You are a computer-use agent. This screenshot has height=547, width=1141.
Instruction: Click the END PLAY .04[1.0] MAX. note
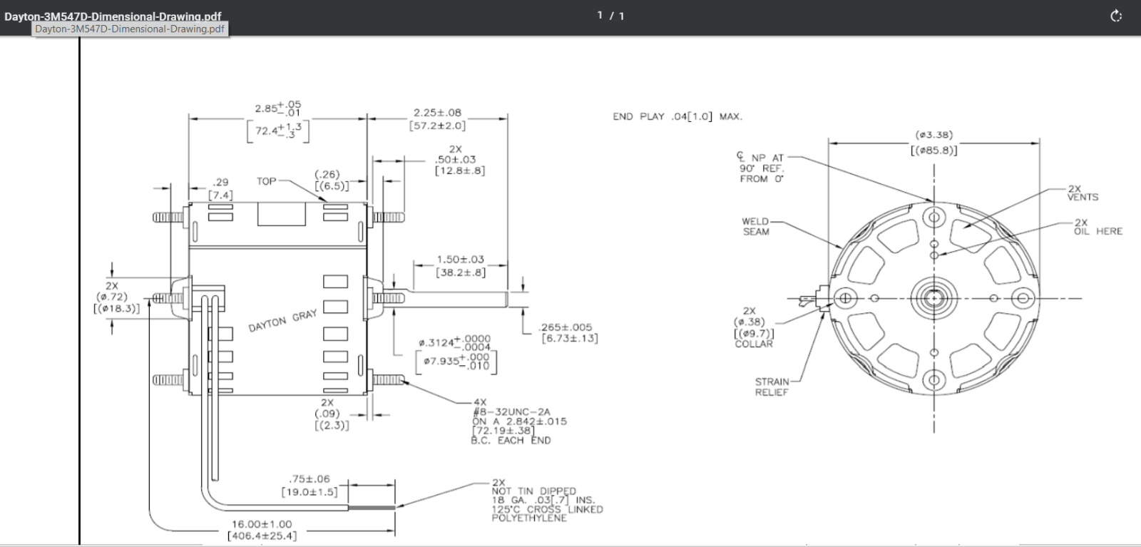coord(677,117)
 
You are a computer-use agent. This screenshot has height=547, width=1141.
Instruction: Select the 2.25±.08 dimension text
coord(437,113)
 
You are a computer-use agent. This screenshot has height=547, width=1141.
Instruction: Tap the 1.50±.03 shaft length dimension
coord(461,260)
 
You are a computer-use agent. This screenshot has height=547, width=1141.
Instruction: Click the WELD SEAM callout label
coord(755,227)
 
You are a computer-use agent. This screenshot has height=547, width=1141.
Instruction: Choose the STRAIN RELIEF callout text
coord(772,387)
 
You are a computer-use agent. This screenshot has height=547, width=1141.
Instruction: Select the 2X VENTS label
coord(1083,193)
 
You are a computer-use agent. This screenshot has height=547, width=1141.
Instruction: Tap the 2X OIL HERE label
coord(1098,228)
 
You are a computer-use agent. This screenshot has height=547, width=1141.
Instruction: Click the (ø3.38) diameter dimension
coord(933,135)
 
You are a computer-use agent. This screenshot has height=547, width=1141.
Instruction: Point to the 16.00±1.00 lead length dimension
coord(262,524)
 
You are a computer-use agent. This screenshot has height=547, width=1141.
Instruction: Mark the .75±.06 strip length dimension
coord(309,479)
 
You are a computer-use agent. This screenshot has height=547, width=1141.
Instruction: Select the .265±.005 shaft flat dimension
coord(566,327)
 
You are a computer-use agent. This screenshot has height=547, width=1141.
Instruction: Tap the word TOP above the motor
coord(267,181)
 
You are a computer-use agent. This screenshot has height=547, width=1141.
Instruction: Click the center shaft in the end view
coord(933,298)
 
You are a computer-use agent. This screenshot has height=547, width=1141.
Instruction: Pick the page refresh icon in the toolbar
coord(1116,16)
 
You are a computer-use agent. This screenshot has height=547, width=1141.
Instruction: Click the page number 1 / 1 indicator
coord(610,16)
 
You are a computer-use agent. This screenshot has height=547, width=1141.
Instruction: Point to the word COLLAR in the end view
coord(754,344)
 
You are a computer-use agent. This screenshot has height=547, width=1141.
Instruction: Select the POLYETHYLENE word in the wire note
coord(529,518)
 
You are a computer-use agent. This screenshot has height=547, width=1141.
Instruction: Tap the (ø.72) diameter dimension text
coord(111,297)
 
